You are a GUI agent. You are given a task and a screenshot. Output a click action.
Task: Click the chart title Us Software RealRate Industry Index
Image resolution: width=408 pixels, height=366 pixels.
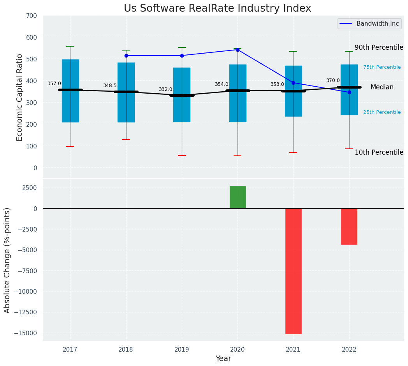[217, 9]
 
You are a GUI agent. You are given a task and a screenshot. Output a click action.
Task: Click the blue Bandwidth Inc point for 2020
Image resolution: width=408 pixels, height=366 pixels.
[237, 50]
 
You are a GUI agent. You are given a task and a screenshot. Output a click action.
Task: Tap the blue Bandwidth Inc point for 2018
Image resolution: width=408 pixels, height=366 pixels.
[126, 56]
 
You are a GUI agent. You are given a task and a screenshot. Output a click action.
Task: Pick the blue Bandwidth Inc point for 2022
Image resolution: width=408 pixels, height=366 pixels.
[349, 92]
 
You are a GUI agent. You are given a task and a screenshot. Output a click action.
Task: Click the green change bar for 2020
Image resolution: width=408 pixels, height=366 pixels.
[237, 197]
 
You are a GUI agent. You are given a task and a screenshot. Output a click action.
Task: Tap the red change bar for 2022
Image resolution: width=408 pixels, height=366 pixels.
[349, 227]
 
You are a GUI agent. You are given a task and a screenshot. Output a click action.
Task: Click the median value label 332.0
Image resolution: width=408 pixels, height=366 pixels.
[165, 89]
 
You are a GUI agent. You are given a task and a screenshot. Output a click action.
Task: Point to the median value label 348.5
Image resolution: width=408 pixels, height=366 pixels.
[109, 85]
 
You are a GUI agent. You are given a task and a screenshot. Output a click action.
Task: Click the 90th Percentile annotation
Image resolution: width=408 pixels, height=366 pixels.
[379, 47]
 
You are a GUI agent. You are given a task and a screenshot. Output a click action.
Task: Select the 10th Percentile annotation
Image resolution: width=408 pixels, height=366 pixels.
[379, 152]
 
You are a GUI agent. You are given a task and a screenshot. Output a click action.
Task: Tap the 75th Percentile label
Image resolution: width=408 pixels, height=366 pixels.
[382, 67]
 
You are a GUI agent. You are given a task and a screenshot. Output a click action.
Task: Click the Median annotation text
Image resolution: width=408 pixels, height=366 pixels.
[382, 87]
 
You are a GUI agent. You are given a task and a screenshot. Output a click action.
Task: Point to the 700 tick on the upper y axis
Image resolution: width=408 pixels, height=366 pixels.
[32, 16]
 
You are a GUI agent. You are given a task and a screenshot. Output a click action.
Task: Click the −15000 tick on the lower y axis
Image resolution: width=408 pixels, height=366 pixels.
[24, 333]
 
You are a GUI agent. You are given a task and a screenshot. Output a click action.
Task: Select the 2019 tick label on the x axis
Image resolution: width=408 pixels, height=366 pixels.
[182, 350]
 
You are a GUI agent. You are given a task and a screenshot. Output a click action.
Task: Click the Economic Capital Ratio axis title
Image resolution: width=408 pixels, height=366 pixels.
[20, 97]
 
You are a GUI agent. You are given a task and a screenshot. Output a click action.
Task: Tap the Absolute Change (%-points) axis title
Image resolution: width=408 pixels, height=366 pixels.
[7, 260]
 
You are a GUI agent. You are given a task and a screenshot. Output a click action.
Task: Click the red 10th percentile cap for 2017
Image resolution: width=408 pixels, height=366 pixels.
[70, 146]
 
